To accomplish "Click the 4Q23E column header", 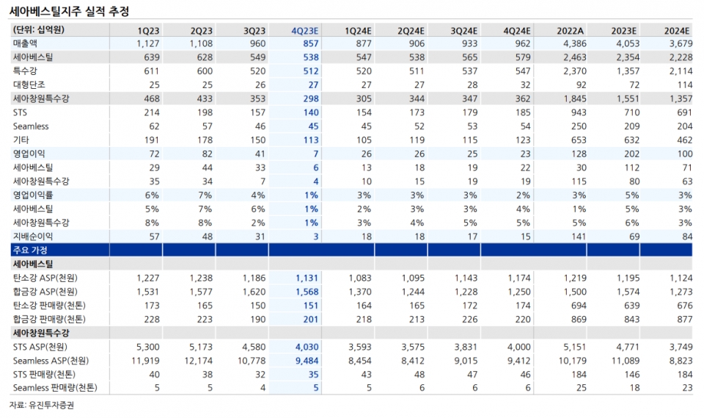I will (304, 30).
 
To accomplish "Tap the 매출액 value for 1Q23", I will (147, 43).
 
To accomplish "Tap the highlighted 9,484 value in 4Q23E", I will (304, 361).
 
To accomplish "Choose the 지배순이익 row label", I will (33, 237).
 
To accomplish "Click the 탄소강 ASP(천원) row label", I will (45, 278).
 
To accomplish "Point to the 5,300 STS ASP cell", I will (147, 347).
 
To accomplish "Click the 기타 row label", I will (21, 140).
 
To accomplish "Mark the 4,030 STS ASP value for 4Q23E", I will (304, 347).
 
